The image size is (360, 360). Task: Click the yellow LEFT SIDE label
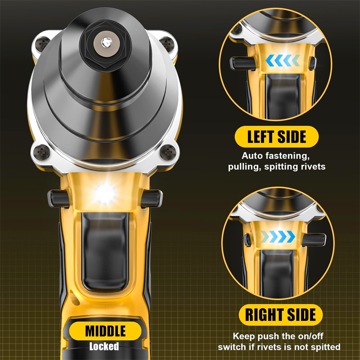[276, 137]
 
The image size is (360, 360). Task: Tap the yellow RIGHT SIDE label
[280, 315]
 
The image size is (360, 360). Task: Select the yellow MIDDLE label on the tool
[105, 331]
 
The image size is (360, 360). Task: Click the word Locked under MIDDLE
[104, 346]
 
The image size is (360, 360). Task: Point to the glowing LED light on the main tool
[105, 193]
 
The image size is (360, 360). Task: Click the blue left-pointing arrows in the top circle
[283, 61]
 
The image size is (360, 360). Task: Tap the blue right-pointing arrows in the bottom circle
[278, 237]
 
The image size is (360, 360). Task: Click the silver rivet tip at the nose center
[106, 42]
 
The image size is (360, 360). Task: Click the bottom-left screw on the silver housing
[41, 152]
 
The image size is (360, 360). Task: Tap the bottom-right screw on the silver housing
[168, 152]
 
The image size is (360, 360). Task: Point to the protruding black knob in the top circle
[243, 63]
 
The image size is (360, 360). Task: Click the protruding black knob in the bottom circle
[314, 239]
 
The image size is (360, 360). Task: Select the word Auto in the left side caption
[252, 156]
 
